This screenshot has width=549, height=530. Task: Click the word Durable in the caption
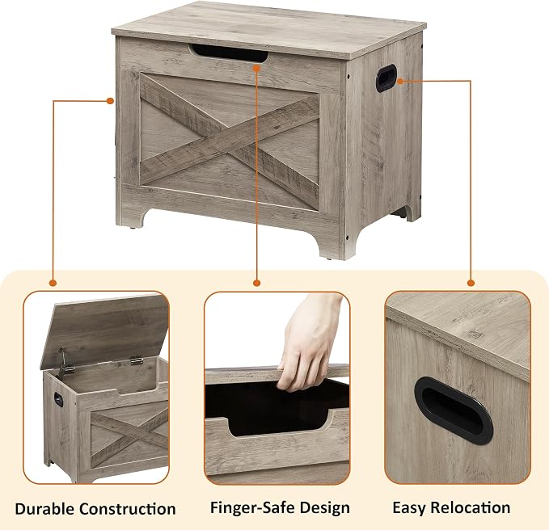44,508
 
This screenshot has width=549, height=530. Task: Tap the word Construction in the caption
128,508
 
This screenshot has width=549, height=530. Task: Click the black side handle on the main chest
386,78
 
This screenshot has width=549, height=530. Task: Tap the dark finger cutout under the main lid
230,53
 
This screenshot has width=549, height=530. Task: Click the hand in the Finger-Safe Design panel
308,341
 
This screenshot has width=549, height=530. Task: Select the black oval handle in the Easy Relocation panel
454,410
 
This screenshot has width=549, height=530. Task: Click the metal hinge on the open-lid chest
136,360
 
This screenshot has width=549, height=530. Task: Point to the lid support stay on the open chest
64,363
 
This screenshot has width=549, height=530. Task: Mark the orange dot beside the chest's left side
110,101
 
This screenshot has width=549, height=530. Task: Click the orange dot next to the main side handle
400,81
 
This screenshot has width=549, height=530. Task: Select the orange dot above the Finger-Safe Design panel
256,283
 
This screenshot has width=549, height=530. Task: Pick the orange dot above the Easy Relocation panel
471,283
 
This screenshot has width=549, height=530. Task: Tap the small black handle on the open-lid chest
58,399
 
